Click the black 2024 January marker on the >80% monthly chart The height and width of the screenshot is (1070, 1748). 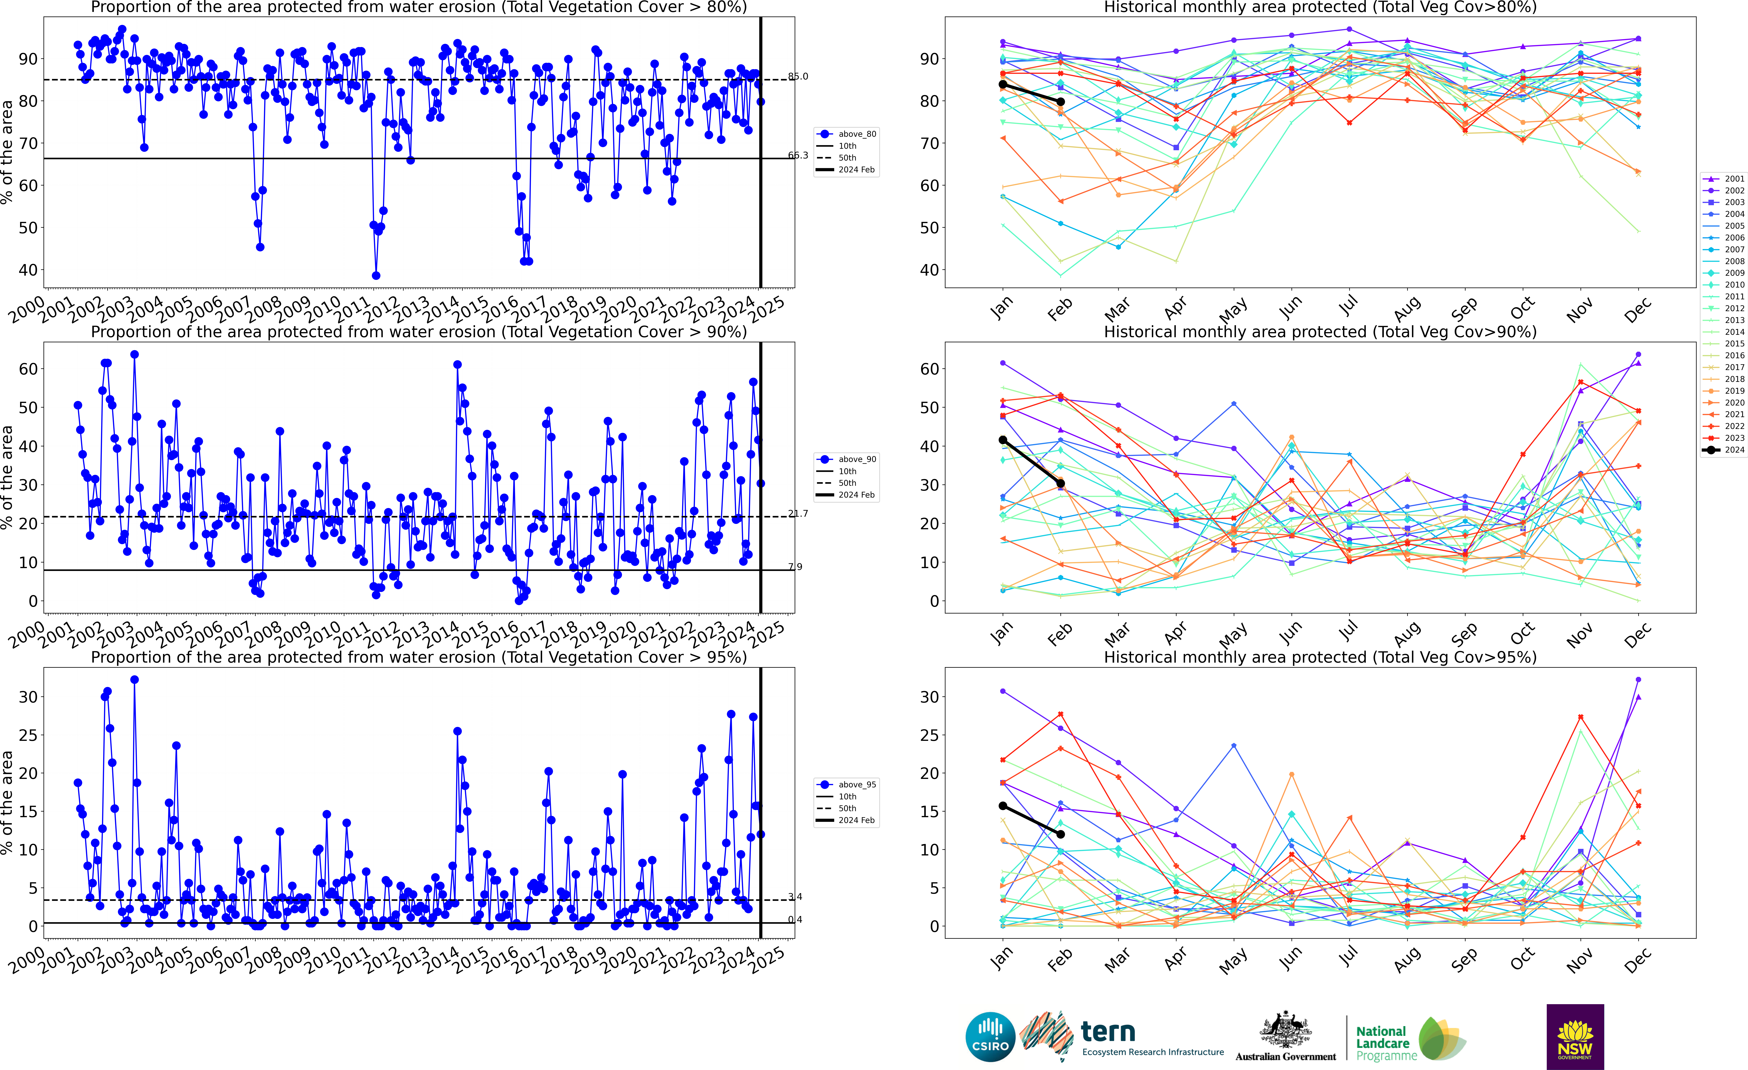(x=1002, y=84)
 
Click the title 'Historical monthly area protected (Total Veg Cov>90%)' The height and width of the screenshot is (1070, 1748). (x=1320, y=332)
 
